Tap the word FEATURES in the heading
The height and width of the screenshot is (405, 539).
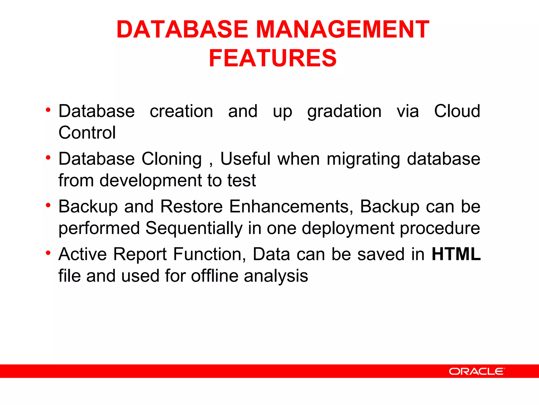pyautogui.click(x=273, y=58)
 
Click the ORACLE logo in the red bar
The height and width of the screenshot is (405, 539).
pyautogui.click(x=477, y=371)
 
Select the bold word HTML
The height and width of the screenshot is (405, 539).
pyautogui.click(x=456, y=254)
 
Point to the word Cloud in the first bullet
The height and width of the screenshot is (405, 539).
pyautogui.click(x=457, y=111)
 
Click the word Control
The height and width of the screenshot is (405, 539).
pyautogui.click(x=87, y=133)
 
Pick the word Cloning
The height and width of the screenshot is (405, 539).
pyautogui.click(x=172, y=159)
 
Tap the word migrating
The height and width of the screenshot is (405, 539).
pyautogui.click(x=363, y=159)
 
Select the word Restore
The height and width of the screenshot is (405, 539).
pyautogui.click(x=192, y=206)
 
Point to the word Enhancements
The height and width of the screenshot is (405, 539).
pyautogui.click(x=291, y=206)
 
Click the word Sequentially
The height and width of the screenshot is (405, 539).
pyautogui.click(x=194, y=228)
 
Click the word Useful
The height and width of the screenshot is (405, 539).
pyautogui.click(x=245, y=159)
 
